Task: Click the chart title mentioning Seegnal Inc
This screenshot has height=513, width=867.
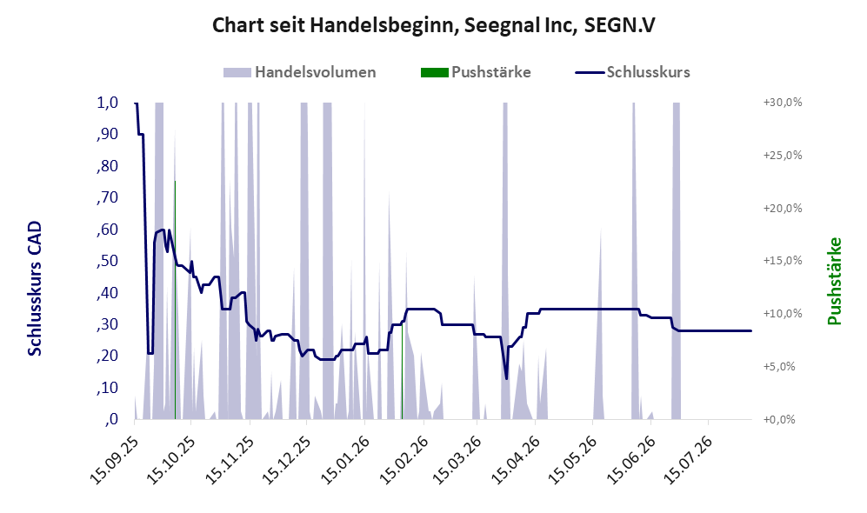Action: [433, 25]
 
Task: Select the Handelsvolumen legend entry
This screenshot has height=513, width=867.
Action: [300, 72]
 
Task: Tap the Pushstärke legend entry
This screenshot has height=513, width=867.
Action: [476, 72]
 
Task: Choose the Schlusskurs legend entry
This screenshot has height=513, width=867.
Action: [632, 72]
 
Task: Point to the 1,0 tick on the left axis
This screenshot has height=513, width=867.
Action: [107, 103]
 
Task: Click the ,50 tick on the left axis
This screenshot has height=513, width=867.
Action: [107, 261]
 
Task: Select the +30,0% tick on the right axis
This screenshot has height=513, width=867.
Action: [783, 103]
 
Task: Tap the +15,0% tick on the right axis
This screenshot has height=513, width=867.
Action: [783, 260]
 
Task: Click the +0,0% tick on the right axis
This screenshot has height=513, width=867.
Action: [779, 420]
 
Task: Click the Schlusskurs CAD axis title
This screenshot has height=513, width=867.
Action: [35, 289]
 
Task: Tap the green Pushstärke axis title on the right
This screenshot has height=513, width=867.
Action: [834, 281]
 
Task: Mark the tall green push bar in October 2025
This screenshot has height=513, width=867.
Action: [175, 300]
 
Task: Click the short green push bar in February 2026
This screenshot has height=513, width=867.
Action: [402, 370]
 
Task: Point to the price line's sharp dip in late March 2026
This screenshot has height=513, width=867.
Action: [506, 379]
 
